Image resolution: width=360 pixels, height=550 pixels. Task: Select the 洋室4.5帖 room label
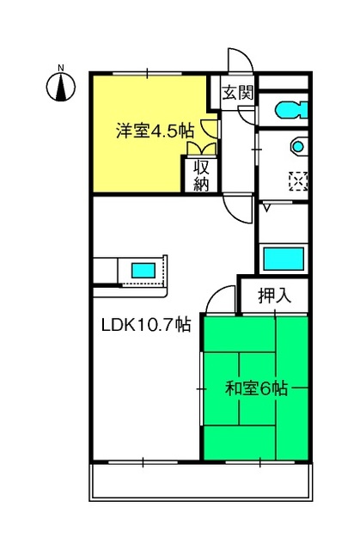coord(155,131)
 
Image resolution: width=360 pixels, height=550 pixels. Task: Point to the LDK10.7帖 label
coord(146,325)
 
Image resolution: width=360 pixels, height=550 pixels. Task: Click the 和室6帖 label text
coord(257,388)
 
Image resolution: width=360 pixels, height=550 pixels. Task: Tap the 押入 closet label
coord(274,296)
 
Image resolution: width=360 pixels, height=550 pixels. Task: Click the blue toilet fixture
coord(291,110)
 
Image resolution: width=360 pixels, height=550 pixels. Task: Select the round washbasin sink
coord(298,146)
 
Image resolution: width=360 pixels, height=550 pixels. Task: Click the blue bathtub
coord(284,259)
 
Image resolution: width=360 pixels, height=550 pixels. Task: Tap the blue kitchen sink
coord(143,271)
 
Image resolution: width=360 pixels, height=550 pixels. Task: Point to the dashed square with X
coord(298,181)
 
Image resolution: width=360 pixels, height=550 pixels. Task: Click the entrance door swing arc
coord(241,59)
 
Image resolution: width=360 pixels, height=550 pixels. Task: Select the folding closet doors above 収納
coord(202,149)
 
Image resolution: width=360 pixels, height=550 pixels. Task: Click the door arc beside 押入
coord(220,299)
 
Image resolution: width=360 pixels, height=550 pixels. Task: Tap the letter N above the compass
coord(61,68)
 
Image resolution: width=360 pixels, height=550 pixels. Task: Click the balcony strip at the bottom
coord(201,482)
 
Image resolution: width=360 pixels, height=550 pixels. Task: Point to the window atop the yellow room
coord(147,74)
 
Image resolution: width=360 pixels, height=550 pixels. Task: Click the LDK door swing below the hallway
coord(238,208)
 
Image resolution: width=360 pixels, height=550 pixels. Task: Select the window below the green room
coord(259,462)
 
